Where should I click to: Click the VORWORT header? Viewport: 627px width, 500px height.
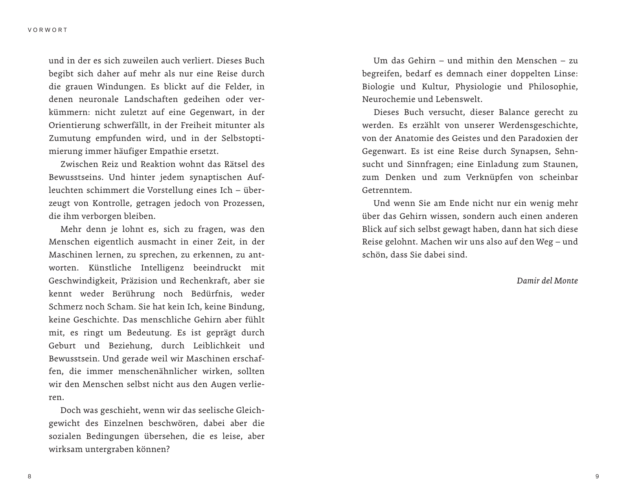pos(48,30)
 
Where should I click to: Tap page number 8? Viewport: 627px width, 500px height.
pos(29,476)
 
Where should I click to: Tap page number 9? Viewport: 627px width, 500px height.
pos(597,476)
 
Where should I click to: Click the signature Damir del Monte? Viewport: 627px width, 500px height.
pos(547,281)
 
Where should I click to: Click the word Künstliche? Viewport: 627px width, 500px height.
pos(110,268)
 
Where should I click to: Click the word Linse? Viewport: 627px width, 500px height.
pos(564,74)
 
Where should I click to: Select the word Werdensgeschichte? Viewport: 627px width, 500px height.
pos(538,126)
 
